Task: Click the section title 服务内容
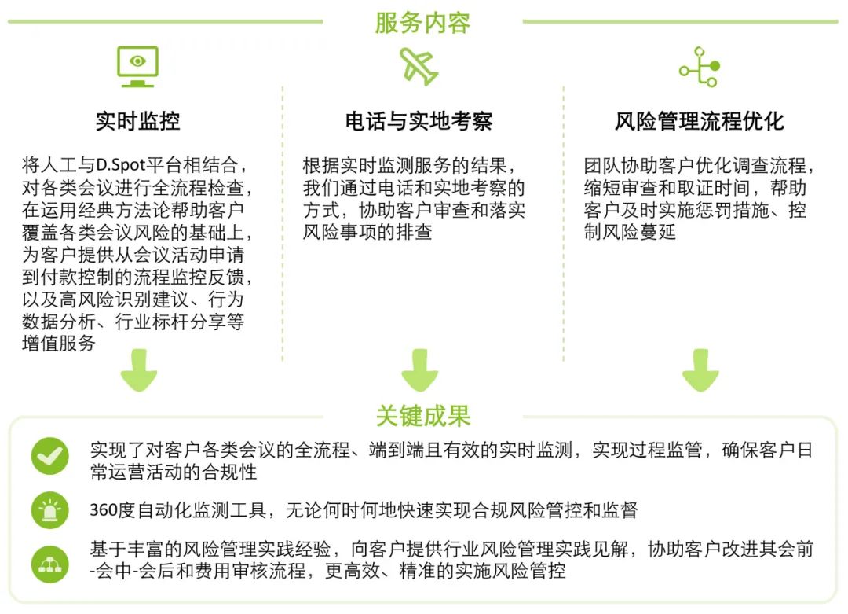pos(422,24)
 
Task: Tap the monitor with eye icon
pos(138,67)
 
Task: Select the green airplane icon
pos(419,67)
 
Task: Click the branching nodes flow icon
pos(700,67)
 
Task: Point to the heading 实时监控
pos(138,121)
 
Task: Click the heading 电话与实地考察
pos(419,121)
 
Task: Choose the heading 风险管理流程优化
pos(700,121)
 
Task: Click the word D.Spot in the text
pos(122,164)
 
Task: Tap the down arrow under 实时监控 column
pos(139,370)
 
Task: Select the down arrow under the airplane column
pos(419,370)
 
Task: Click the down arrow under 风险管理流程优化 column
pos(700,370)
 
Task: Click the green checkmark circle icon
pos(50,456)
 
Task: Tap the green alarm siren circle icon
pos(50,510)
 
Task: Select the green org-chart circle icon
pos(50,564)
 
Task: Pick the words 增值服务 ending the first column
pos(59,344)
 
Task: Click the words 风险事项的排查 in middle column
pos(367,232)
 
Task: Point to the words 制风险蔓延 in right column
pos(630,232)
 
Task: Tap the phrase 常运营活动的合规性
pos(174,472)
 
